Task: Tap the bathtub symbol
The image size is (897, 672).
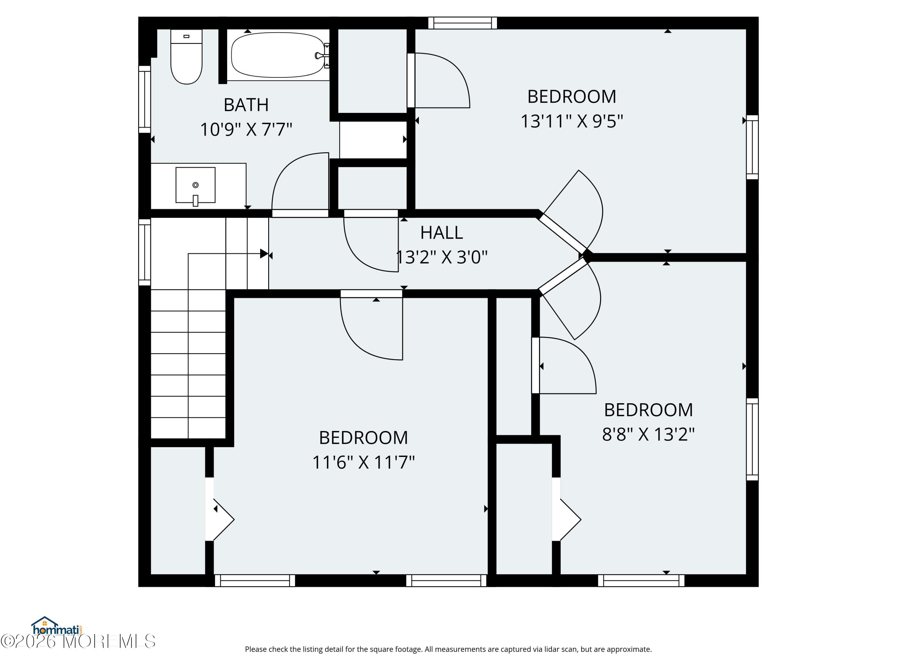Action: coord(278,55)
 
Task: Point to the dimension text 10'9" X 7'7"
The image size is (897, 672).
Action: coord(246,130)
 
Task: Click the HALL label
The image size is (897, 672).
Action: coord(441,232)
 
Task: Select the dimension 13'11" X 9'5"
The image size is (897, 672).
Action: coord(571,121)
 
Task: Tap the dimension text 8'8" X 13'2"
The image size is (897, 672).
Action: coord(648,434)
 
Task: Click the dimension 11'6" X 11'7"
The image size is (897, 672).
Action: coord(363,462)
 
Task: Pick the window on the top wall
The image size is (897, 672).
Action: coord(462,23)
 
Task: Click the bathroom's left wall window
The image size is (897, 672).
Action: coord(144,99)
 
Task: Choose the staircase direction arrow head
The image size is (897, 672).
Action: coord(264,254)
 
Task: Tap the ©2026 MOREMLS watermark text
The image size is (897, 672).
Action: coord(78,641)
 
